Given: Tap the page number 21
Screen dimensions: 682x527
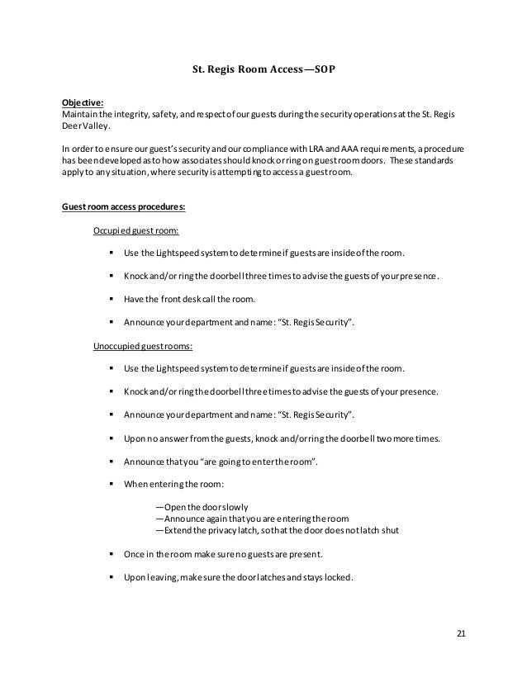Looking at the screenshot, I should pos(462,633).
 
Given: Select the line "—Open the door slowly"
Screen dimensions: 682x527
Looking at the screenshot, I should pos(202,506).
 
